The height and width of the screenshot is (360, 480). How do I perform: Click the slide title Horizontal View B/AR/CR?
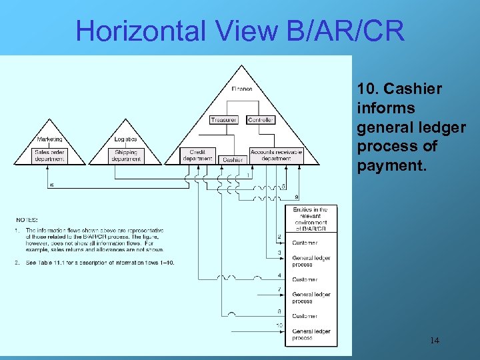pyautogui.click(x=240, y=30)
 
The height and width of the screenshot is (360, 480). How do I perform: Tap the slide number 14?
pyautogui.click(x=434, y=341)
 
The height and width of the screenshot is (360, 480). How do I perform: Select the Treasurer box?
pyautogui.click(x=223, y=120)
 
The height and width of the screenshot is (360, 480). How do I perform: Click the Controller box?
pyautogui.click(x=261, y=120)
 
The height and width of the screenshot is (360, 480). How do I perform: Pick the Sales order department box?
pyautogui.click(x=51, y=155)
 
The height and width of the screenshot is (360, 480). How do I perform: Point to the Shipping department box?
pyautogui.click(x=126, y=155)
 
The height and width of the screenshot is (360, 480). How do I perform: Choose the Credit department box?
pyautogui.click(x=197, y=155)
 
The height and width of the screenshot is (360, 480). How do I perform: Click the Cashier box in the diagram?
pyautogui.click(x=233, y=160)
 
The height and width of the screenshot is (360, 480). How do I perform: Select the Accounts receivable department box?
pyautogui.click(x=276, y=155)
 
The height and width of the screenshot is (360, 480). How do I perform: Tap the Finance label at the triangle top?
pyautogui.click(x=242, y=89)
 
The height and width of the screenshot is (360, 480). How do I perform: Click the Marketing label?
pyautogui.click(x=50, y=139)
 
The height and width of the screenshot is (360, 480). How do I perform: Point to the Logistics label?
pyautogui.click(x=125, y=139)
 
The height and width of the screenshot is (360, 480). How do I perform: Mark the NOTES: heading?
pyautogui.click(x=27, y=220)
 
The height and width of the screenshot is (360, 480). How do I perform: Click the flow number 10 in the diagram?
pyautogui.click(x=279, y=325)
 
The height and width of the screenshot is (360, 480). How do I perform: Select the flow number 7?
pyautogui.click(x=279, y=289)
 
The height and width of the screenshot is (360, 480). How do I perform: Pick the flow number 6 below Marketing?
pyautogui.click(x=53, y=185)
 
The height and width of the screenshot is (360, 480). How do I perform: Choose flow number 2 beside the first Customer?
pyautogui.click(x=279, y=237)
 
